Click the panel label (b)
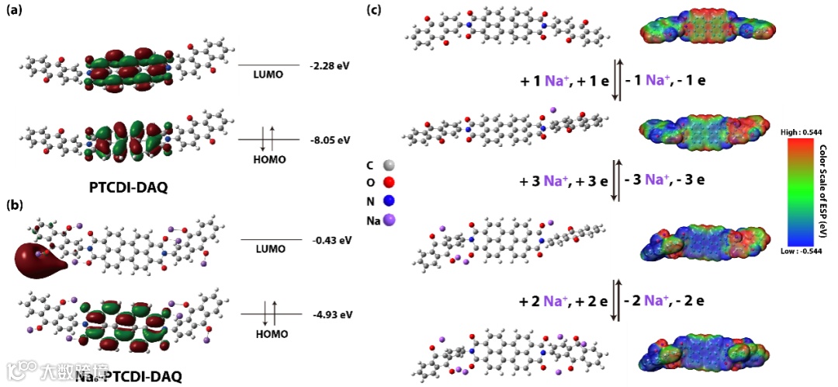pos(15,206)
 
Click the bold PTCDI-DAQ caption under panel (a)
pos(129,187)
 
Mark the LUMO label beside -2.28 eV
pos(268,75)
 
